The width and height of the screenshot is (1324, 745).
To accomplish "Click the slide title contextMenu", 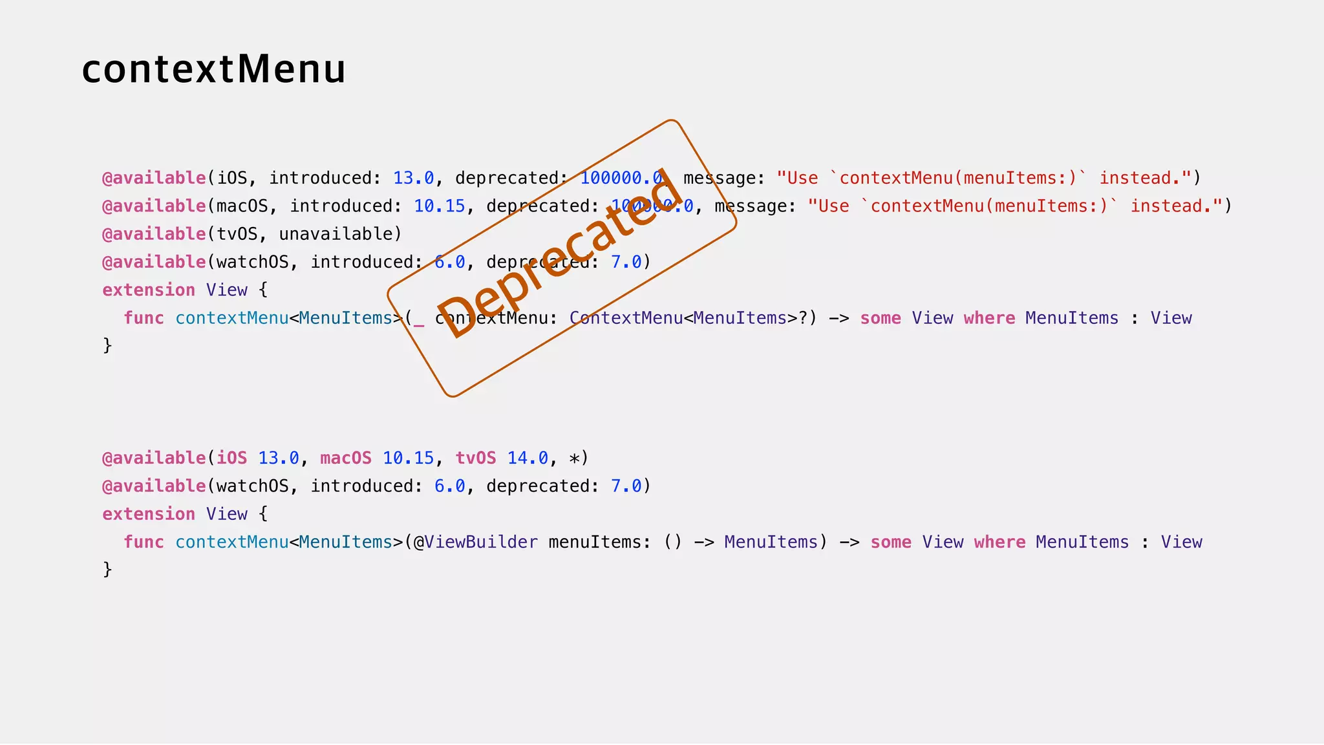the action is pos(214,69).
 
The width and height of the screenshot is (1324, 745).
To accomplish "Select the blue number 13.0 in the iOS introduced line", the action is pos(414,178).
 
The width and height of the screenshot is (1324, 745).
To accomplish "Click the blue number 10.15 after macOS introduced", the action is pos(440,206).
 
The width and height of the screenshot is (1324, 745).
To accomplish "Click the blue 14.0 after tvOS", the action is pos(528,459).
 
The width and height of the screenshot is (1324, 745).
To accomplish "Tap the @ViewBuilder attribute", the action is pos(476,542).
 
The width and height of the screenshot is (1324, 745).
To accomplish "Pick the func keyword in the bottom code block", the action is pos(144,542).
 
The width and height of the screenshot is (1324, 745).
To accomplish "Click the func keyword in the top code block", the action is pos(144,318).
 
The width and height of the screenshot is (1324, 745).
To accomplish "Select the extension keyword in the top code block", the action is pos(149,290).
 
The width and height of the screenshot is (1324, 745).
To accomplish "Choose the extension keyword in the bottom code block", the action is pos(149,514).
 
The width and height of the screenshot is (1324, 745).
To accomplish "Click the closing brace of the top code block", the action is pos(107,345).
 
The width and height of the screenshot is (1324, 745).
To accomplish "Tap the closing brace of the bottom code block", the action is pos(107,569).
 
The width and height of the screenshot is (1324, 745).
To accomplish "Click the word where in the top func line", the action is pos(989,318).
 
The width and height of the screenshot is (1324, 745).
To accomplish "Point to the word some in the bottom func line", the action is pos(891,542).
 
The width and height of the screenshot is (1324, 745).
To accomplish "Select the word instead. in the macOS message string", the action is pos(1170,206).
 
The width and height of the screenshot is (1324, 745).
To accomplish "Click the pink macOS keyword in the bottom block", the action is pos(346,459).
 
